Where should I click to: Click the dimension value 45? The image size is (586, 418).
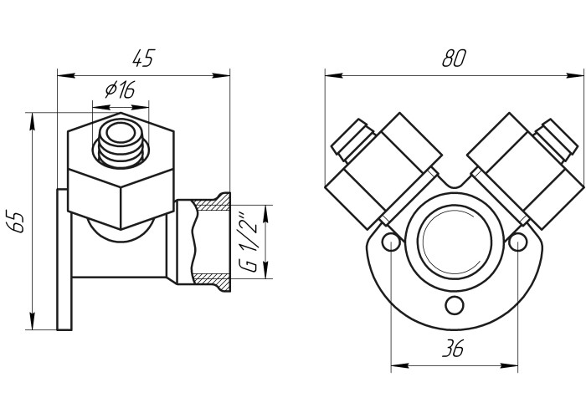coord(143,59)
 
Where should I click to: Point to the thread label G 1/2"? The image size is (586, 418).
coord(249,242)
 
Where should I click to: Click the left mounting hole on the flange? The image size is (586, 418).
coord(389,242)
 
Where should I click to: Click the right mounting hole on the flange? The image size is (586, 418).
coord(518,242)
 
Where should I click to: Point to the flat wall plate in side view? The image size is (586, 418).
coord(63,259)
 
